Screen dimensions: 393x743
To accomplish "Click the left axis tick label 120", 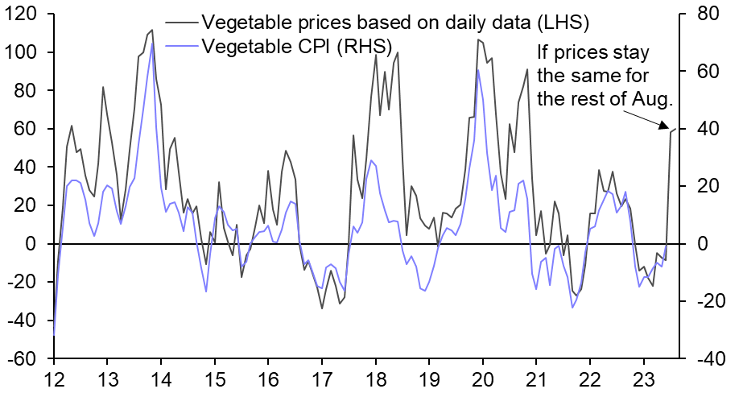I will pos(22,14).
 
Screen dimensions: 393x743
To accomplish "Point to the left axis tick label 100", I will pos(22,52).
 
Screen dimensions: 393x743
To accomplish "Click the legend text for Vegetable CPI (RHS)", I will pos(297,47).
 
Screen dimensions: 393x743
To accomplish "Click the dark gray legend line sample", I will pos(181,21).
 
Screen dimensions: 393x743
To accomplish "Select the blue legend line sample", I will pos(181,47).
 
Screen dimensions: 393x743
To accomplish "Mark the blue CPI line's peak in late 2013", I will pos(152,42).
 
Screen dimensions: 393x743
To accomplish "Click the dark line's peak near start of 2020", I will pos(478,39).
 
